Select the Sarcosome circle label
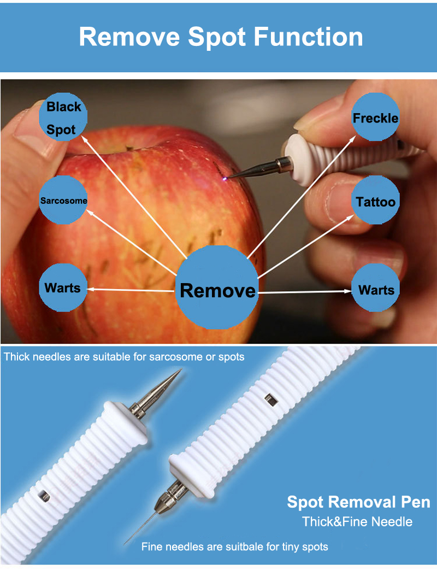(x=63, y=201)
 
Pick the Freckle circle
(x=376, y=117)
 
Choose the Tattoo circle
(x=376, y=202)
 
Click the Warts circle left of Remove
(x=62, y=288)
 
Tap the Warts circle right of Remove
(x=376, y=290)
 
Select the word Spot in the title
(x=215, y=37)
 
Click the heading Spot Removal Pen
(x=358, y=502)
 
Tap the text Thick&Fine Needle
(x=358, y=521)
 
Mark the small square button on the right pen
(x=268, y=397)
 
